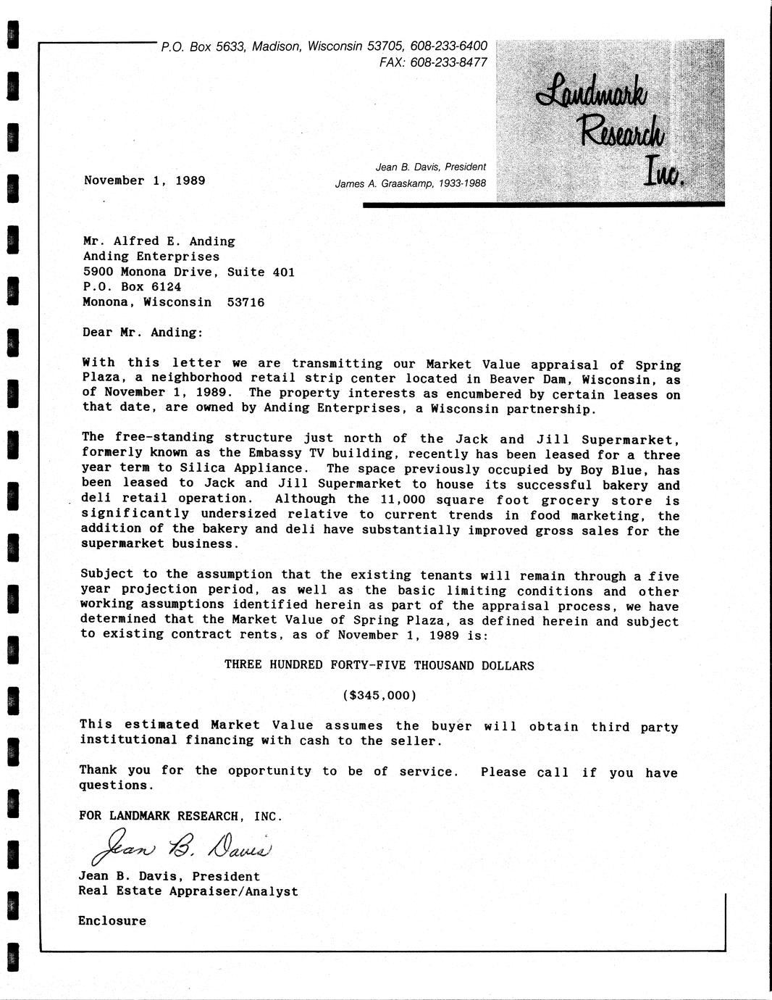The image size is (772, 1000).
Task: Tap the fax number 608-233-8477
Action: click(x=448, y=62)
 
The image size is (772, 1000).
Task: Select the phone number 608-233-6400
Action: click(x=448, y=46)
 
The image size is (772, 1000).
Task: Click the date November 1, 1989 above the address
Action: click(x=144, y=180)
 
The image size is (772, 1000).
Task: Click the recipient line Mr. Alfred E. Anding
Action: click(x=159, y=241)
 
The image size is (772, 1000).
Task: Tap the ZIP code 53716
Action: click(x=246, y=303)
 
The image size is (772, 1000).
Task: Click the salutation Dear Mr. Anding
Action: click(x=144, y=333)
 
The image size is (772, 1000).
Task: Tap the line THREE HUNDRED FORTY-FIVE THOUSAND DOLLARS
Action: click(x=379, y=665)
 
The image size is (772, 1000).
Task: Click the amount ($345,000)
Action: click(x=379, y=696)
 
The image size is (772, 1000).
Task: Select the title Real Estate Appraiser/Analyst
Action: click(x=188, y=891)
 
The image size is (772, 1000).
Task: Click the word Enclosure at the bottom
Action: click(x=112, y=921)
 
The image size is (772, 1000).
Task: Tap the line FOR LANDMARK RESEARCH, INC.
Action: click(x=180, y=816)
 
